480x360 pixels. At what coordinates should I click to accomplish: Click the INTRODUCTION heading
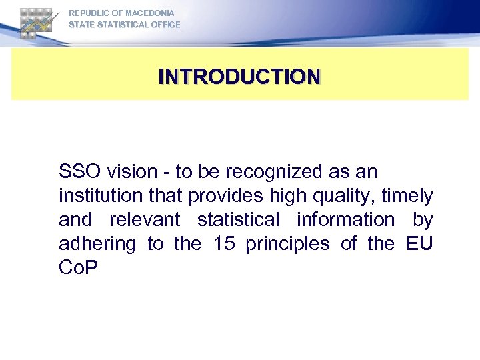tap(239, 76)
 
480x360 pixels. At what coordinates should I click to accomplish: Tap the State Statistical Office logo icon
tap(36, 23)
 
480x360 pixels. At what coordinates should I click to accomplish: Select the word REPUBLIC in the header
tap(89, 13)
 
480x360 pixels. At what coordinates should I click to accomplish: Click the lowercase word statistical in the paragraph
tap(239, 220)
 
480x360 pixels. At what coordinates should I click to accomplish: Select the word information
tap(344, 220)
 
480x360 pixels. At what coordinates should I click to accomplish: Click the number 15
tap(225, 244)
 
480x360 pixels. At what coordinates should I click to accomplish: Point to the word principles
tap(287, 244)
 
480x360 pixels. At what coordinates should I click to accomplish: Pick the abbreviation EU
tap(419, 244)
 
